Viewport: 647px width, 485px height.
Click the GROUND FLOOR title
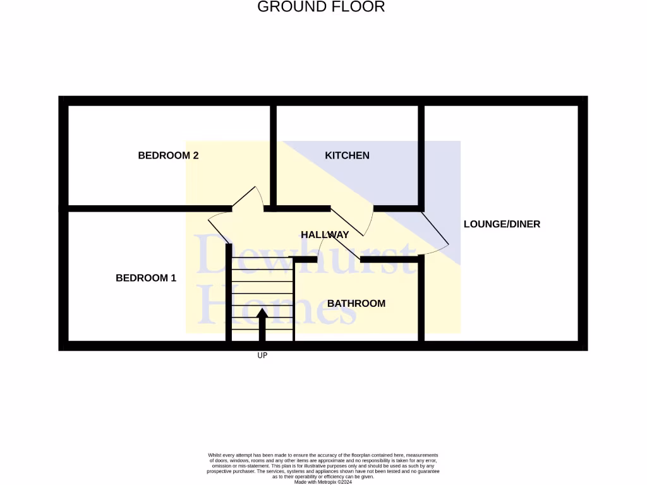(321, 7)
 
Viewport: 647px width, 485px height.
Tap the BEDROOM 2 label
(168, 155)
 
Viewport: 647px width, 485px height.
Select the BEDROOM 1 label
(146, 278)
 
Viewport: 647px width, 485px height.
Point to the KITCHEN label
(347, 155)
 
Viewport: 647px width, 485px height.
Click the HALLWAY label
(325, 235)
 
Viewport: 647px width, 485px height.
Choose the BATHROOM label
(356, 304)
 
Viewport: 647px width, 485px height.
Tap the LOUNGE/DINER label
(502, 224)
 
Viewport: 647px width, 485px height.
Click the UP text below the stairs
(262, 356)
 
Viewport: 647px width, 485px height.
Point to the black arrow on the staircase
(262, 323)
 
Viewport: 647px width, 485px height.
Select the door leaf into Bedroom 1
(219, 230)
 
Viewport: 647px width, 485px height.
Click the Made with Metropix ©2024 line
(323, 482)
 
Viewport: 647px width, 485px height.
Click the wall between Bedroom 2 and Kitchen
(274, 155)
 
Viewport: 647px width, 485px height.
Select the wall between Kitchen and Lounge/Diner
(421, 155)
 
